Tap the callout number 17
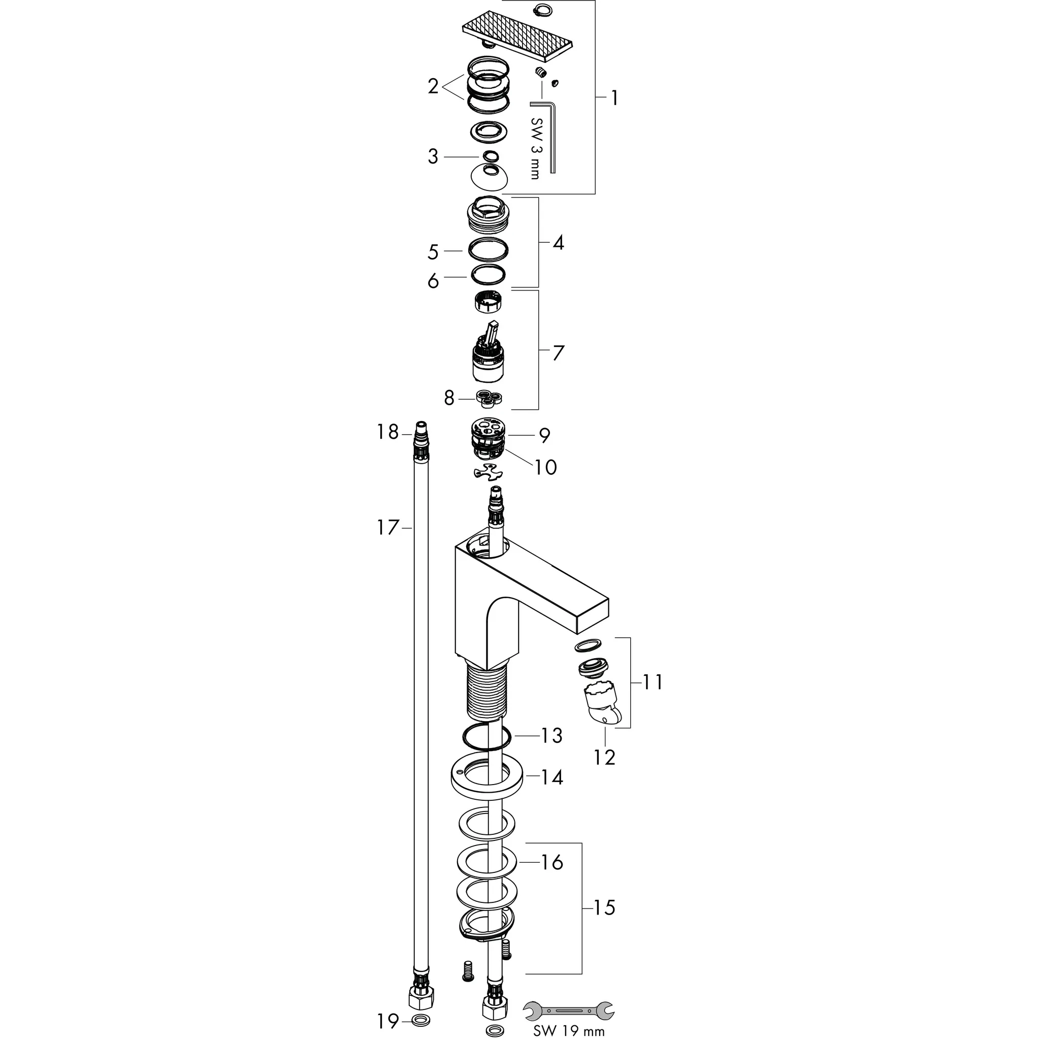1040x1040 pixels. (387, 528)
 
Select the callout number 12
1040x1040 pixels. (604, 757)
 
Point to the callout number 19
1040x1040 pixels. (387, 1020)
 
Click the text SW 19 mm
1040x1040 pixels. (568, 1030)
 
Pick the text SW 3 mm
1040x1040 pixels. (535, 149)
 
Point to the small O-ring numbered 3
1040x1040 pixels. (490, 156)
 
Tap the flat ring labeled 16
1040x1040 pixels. (487, 862)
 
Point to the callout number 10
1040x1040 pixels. (545, 467)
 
